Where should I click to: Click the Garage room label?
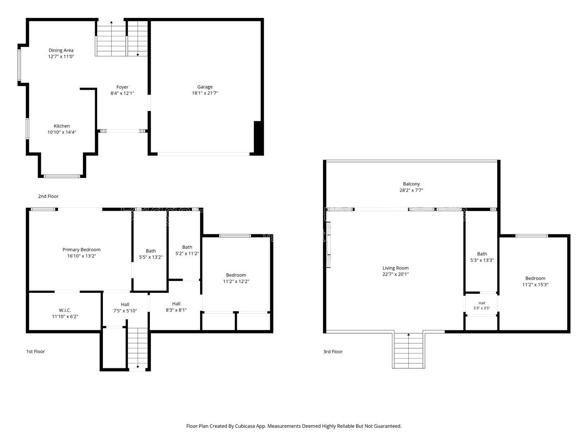205,87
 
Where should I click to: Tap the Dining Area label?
61,50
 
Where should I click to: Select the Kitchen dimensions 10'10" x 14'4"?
62,132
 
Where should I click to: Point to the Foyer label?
122,87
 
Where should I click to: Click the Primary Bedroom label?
81,249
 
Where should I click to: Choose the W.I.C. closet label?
65,310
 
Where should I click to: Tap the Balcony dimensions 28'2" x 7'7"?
411,190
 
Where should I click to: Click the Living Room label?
395,268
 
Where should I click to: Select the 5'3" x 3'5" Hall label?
482,303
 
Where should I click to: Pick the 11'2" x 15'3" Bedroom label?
535,278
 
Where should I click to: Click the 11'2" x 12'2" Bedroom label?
236,275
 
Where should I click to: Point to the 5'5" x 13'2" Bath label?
151,251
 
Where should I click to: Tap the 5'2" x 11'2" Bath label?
187,247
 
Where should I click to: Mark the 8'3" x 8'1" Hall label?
176,304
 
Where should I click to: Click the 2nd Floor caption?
48,196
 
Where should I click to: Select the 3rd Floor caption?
333,352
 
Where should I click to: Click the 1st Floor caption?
36,351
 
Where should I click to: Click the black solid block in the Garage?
258,138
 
